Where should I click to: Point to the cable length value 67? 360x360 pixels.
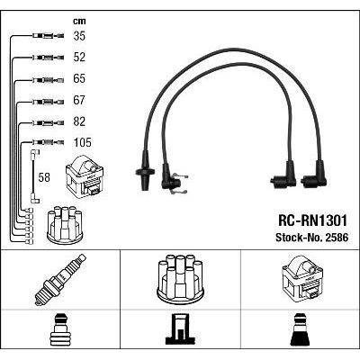(x=79, y=101)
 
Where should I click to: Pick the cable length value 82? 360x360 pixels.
(x=79, y=121)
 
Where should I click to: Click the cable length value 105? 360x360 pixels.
(x=82, y=142)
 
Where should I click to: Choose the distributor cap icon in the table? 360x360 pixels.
(x=180, y=280)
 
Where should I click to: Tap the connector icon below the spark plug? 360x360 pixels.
(x=60, y=331)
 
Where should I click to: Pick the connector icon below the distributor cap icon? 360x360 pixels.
(x=180, y=331)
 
